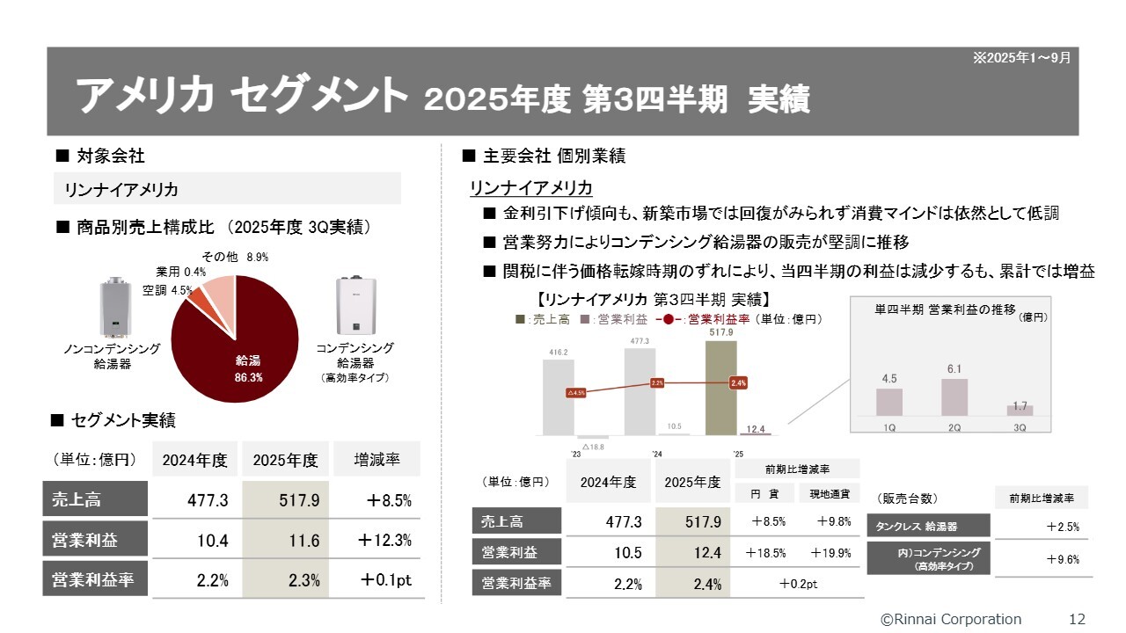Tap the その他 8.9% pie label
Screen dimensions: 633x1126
click(x=235, y=258)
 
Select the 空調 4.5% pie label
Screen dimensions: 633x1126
click(x=167, y=290)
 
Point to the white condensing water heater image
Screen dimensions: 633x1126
click(x=355, y=307)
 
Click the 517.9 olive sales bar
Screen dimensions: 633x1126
click(x=720, y=387)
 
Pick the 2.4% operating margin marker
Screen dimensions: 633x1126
click(x=738, y=382)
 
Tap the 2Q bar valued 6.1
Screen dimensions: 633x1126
click(x=954, y=397)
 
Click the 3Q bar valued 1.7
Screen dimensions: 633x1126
click(x=1020, y=410)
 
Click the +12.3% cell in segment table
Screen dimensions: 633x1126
click(x=384, y=541)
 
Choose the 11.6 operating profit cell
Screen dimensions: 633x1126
click(x=286, y=541)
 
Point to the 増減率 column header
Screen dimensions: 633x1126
click(x=377, y=460)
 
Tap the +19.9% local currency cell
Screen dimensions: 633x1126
click(x=833, y=553)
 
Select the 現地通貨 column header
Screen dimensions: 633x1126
click(x=830, y=494)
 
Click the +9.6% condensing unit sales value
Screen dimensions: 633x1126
click(x=1063, y=559)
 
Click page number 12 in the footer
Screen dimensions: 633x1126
click(x=1077, y=619)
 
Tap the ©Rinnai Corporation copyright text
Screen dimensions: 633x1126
click(x=951, y=619)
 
